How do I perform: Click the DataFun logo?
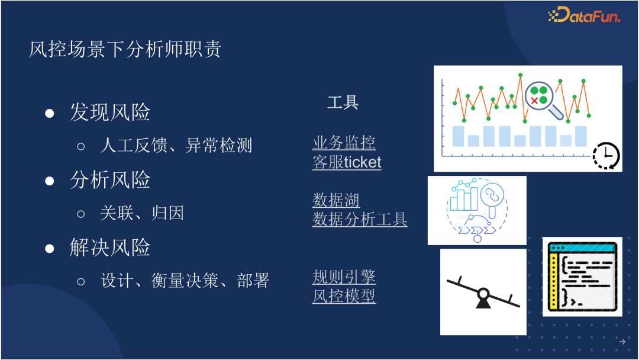coord(585,15)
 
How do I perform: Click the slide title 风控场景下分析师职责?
coord(125,49)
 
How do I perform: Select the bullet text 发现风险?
coord(110,112)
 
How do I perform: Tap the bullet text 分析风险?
coord(110,180)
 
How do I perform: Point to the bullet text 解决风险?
coord(110,247)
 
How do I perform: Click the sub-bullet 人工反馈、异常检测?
coord(176,145)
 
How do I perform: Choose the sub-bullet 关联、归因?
coord(142,213)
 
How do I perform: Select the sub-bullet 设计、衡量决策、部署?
coord(185,280)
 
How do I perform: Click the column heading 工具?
coord(343,102)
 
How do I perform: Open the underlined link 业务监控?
coord(344,143)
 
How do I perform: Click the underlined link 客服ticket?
coord(347,162)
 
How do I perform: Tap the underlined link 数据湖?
coord(336,200)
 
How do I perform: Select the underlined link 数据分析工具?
coord(360,220)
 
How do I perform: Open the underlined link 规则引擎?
coord(344,277)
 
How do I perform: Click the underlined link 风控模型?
coord(344,296)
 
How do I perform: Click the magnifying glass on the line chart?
coord(541,97)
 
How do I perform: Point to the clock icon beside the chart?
coord(606,156)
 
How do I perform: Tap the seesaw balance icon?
coord(483,292)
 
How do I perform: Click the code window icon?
coord(582,276)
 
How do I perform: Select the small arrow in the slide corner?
coord(622,342)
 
